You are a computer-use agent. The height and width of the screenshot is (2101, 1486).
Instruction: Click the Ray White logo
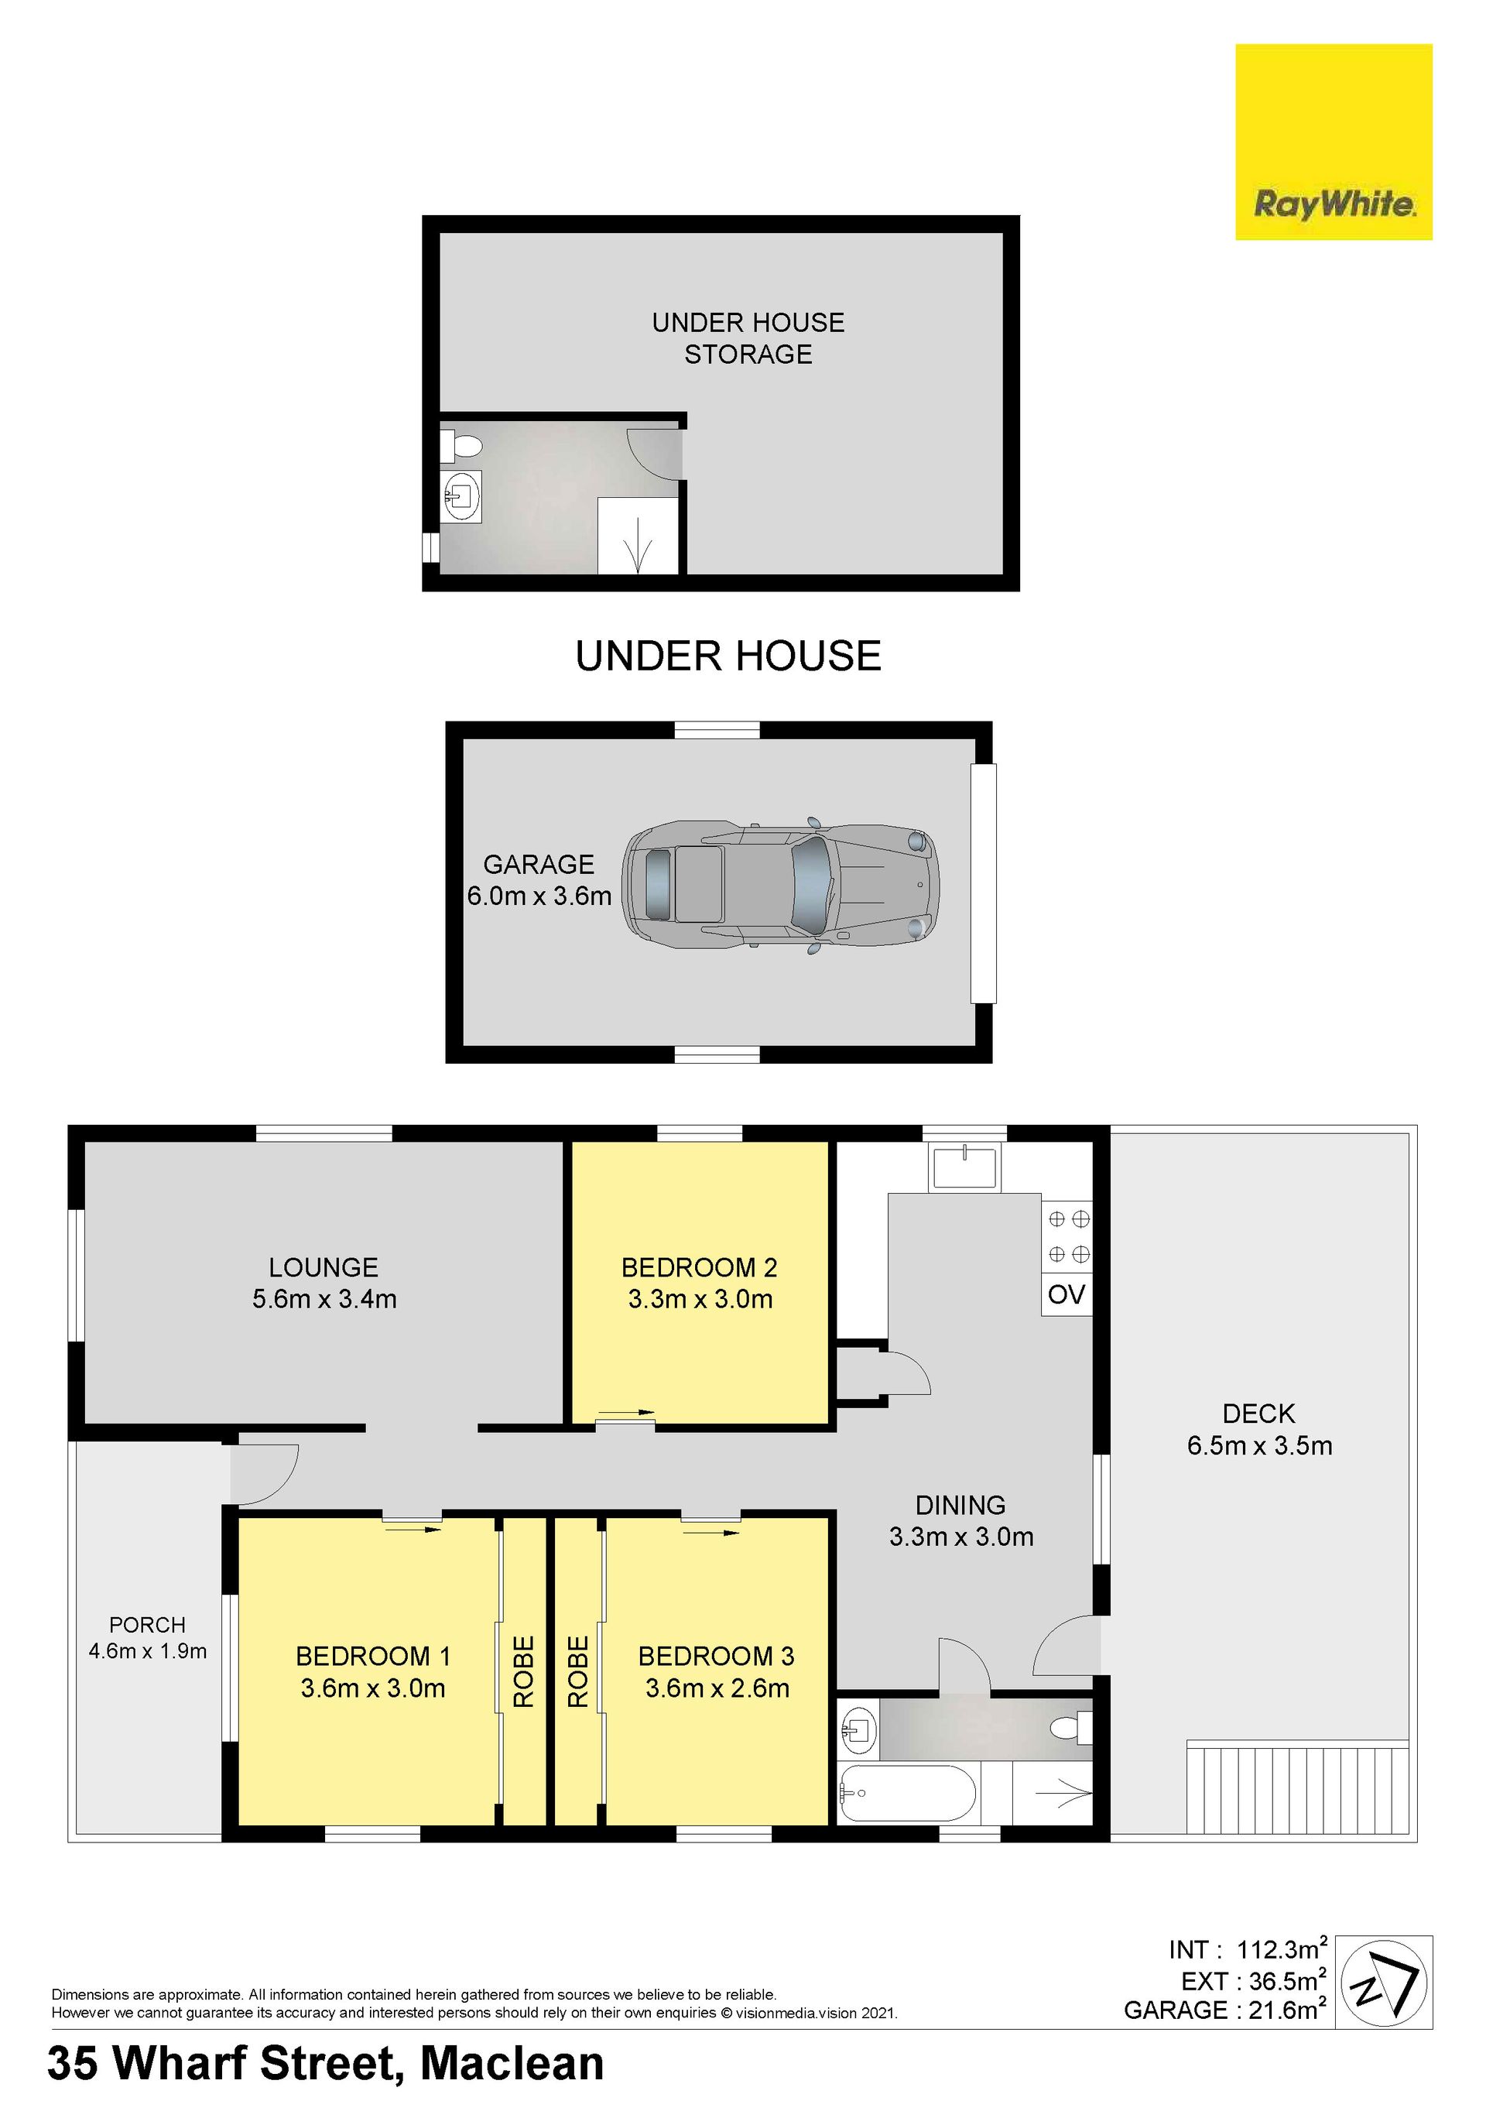click(1334, 142)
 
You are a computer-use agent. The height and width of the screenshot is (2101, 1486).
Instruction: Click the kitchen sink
click(965, 1167)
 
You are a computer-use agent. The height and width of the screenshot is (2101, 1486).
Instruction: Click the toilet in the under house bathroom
click(461, 447)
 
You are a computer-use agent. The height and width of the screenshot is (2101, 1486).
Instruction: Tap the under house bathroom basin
click(461, 497)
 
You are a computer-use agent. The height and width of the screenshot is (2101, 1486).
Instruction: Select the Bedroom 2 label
click(700, 1267)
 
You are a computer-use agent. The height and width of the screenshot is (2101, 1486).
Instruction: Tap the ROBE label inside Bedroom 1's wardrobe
click(522, 1672)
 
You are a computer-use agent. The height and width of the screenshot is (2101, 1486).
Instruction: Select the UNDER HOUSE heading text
click(728, 656)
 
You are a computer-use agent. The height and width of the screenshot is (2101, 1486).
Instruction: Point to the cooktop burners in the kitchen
click(1068, 1236)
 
